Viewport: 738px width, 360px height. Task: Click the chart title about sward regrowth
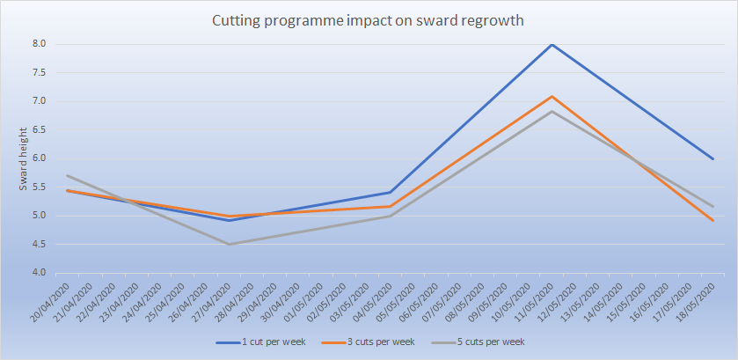pos(369,20)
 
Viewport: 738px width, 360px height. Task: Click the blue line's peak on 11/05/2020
pos(552,44)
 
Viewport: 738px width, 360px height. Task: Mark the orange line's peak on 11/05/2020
pos(552,96)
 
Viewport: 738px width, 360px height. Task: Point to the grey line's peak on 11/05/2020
pos(552,111)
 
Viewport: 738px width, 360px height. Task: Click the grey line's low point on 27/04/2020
pos(230,244)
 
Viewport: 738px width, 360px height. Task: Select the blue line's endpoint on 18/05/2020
pos(712,158)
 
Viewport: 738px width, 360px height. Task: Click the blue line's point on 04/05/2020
pos(391,192)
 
